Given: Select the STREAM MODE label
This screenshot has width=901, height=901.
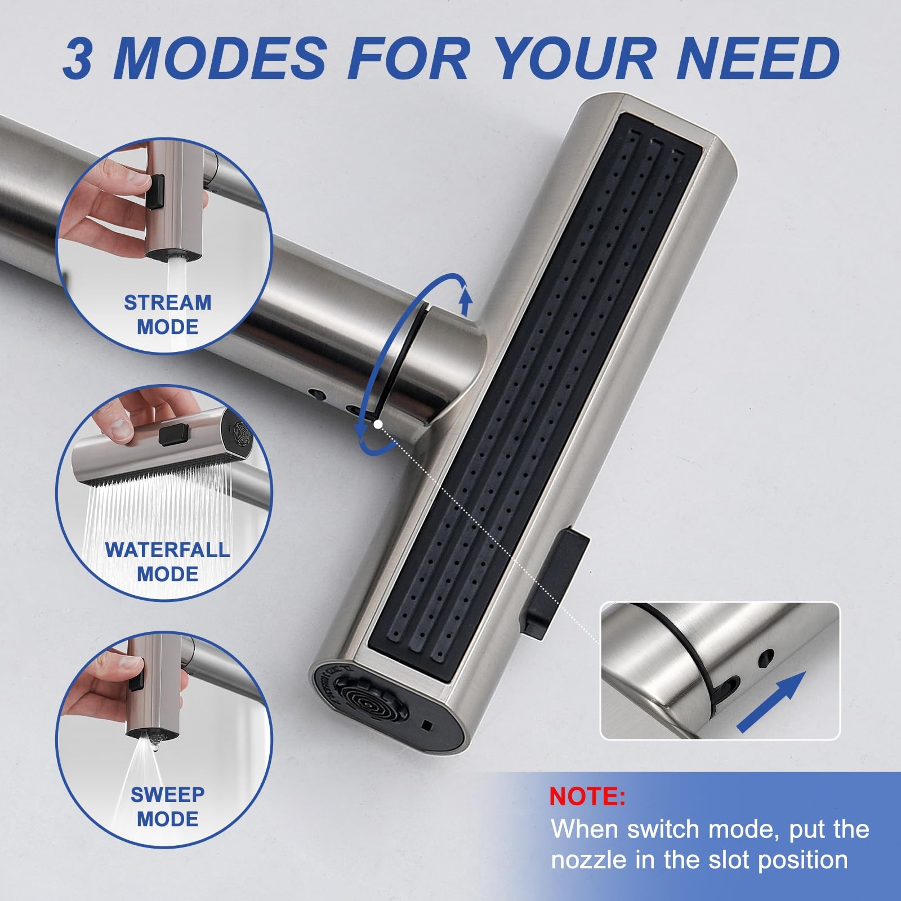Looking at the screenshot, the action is [x=168, y=314].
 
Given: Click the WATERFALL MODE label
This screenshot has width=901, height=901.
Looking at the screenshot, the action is [x=168, y=561].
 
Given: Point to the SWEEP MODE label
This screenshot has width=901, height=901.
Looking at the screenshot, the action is [x=168, y=806].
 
